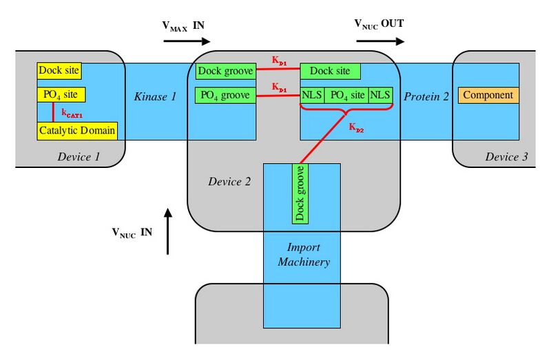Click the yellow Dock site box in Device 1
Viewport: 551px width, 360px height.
[x=59, y=70]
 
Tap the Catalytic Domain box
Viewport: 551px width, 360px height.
[x=77, y=129]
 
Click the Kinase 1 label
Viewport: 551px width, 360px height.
[x=155, y=96]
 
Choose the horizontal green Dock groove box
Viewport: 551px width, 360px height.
[x=226, y=71]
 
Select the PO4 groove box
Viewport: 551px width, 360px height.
[x=226, y=95]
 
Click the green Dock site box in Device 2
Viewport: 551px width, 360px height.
[x=330, y=71]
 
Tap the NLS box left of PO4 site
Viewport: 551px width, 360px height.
[x=311, y=95]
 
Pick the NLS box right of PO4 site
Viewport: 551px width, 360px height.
[x=380, y=95]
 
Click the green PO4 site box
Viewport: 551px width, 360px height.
[x=346, y=95]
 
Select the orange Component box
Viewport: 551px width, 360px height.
[x=488, y=95]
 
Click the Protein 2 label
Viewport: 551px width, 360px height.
[x=426, y=96]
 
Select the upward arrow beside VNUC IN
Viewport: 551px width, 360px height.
[x=167, y=230]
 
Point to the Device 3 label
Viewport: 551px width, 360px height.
[x=506, y=157]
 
